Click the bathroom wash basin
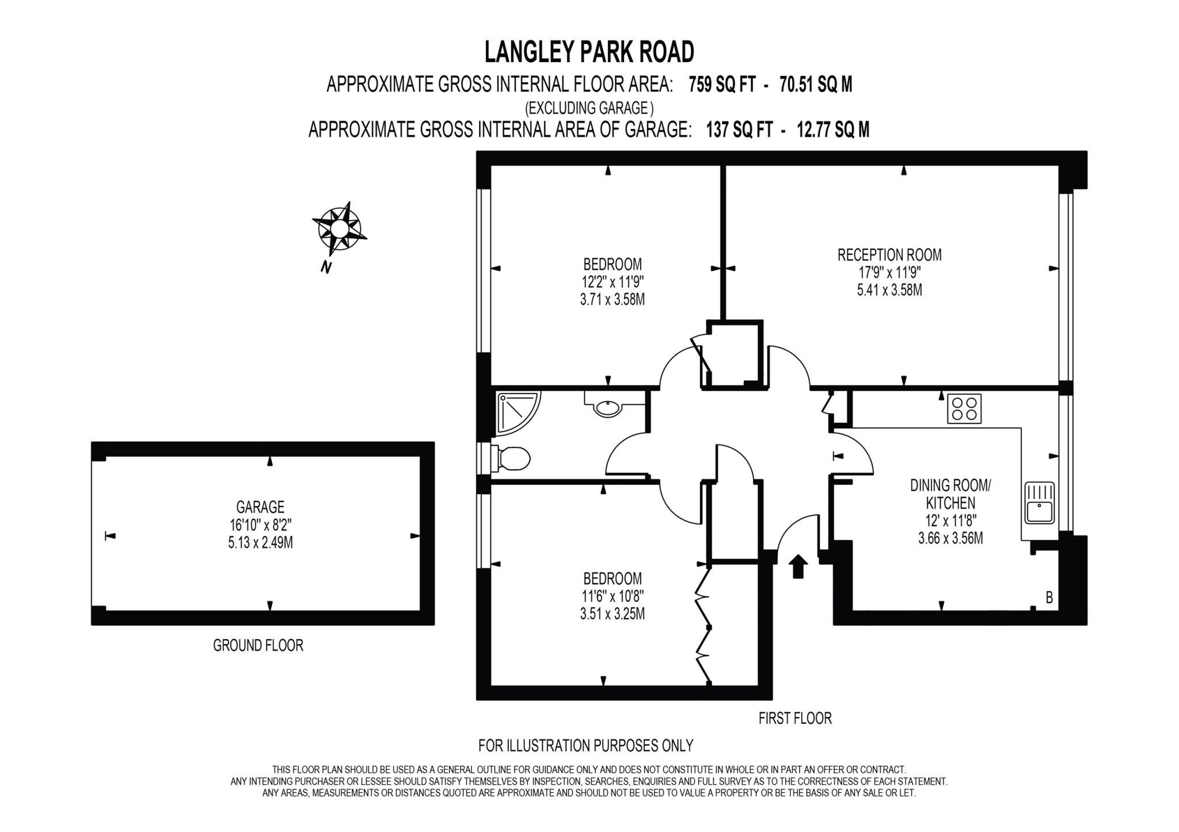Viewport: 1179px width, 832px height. [608, 408]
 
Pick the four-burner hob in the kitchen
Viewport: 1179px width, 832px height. [964, 409]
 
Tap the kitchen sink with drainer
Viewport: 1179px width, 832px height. [1039, 503]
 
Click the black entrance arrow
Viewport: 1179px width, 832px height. [797, 566]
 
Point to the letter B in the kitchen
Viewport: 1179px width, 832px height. [1049, 598]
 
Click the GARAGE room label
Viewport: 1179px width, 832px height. [260, 507]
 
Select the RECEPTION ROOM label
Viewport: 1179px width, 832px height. [889, 255]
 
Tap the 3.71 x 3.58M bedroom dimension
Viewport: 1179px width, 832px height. [613, 300]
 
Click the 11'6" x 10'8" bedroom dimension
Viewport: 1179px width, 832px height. [613, 596]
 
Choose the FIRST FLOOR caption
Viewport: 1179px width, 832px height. [794, 718]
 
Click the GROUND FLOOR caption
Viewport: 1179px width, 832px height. [258, 646]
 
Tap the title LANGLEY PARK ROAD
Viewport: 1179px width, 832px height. [589, 52]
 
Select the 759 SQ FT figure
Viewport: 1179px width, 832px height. [722, 85]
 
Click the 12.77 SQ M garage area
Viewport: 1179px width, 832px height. [832, 130]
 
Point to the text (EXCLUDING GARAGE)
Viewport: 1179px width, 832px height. [589, 108]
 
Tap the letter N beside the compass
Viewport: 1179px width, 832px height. [326, 267]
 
